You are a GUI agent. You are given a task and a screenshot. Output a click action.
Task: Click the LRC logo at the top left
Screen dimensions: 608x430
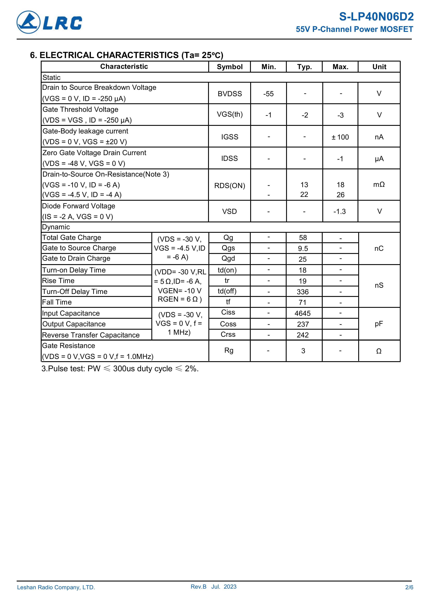[x=49, y=22]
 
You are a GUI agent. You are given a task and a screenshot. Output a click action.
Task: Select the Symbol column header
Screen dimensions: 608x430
[x=229, y=67]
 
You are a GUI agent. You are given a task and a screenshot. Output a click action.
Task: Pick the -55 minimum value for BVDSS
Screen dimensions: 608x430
[x=268, y=94]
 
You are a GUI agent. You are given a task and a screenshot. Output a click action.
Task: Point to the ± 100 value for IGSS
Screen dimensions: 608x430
[x=340, y=137]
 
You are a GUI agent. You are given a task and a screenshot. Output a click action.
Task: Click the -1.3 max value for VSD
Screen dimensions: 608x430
[x=340, y=211]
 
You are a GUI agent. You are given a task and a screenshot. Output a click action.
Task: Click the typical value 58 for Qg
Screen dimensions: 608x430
[x=303, y=238]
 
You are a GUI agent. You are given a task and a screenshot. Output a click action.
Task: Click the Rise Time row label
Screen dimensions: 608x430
[x=58, y=281]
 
